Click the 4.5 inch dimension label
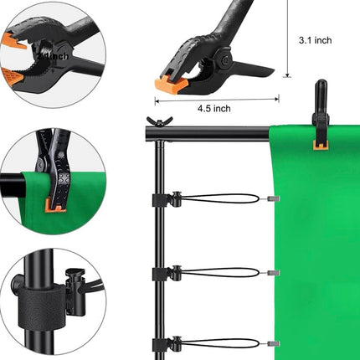[213, 107]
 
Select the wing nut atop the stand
[152, 122]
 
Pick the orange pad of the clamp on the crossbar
[320, 144]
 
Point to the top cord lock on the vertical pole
[173, 199]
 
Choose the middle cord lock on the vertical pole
[173, 272]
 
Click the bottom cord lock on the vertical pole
[173, 342]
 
